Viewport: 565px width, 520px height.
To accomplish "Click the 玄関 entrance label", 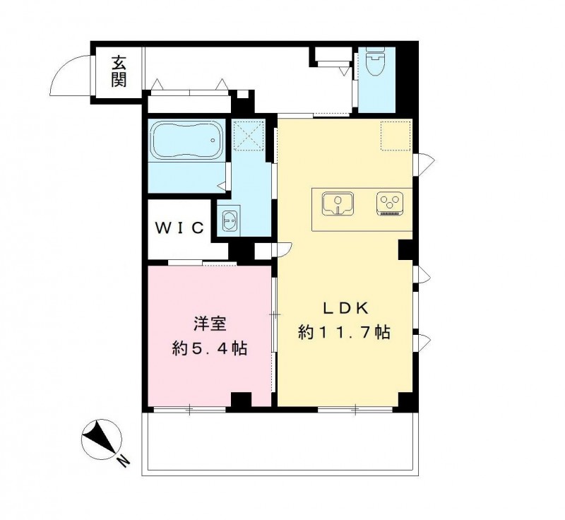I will tap(118, 71).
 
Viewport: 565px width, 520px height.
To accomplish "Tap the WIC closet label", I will tap(180, 227).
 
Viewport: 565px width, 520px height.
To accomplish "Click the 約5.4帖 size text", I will tap(210, 348).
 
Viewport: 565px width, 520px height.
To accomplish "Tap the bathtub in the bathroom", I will tap(187, 142).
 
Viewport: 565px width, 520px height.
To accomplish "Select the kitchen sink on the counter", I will tap(338, 204).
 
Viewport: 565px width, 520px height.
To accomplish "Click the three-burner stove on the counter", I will tap(389, 204).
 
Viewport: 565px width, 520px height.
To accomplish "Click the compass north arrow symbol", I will tap(99, 438).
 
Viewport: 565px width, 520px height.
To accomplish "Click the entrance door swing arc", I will tap(71, 74).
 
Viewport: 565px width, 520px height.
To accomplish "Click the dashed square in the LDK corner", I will tap(395, 135).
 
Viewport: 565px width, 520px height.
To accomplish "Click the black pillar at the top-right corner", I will tap(407, 78).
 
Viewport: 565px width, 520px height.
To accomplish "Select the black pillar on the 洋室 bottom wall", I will tap(241, 400).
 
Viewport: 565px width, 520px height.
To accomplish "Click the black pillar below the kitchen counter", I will tap(405, 249).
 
